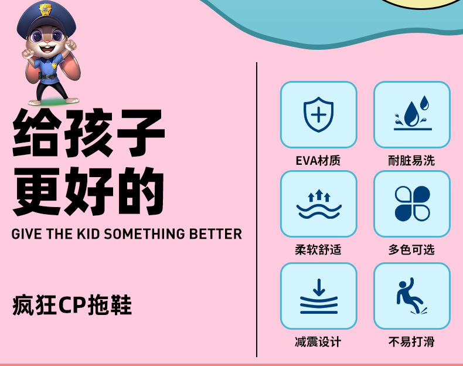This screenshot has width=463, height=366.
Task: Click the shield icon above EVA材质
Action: [x=318, y=114]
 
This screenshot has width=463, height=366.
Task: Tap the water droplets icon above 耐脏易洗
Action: [x=412, y=114]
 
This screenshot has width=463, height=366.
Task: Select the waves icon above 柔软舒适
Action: [x=318, y=204]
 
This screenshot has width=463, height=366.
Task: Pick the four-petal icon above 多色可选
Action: [x=412, y=204]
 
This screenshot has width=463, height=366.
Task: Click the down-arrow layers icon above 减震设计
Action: [x=318, y=296]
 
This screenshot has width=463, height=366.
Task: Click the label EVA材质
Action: [x=318, y=160]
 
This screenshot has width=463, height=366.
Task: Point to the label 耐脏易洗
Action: [x=411, y=160]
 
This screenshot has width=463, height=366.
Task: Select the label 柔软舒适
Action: [x=318, y=250]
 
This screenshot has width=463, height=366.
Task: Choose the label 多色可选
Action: [x=411, y=250]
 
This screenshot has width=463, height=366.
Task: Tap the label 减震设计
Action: [x=318, y=342]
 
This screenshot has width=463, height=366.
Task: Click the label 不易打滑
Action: [x=411, y=342]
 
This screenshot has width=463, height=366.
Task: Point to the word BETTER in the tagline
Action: [x=216, y=233]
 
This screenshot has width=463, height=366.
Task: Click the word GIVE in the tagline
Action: [x=26, y=233]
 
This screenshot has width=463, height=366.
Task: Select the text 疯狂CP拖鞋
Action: [x=72, y=306]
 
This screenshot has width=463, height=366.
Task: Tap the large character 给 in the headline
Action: [x=38, y=134]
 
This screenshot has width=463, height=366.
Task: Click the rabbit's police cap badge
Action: [x=45, y=10]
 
